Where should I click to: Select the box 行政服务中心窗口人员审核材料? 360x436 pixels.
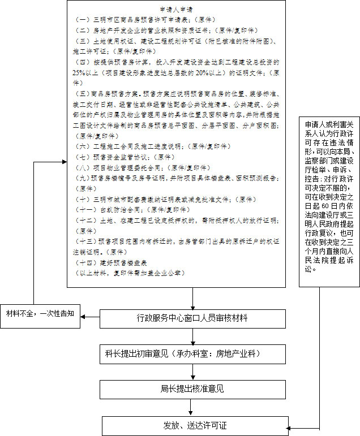[192, 318]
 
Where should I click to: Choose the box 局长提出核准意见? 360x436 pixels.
[192, 389]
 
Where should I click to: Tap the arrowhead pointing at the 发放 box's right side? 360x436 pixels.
[292, 425]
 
